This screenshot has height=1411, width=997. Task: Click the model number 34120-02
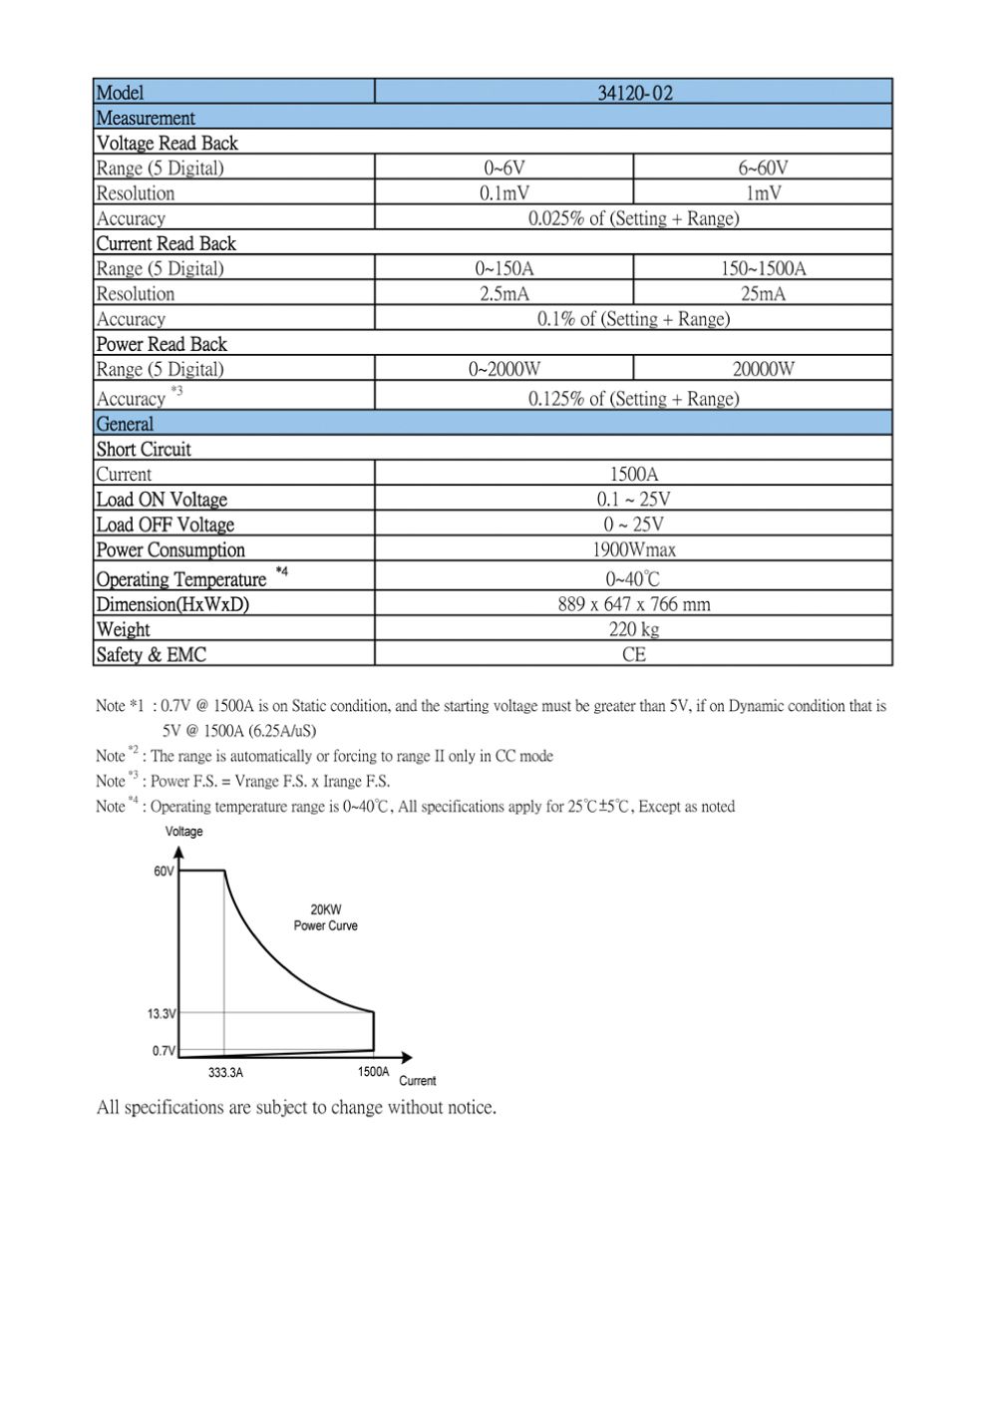[634, 93]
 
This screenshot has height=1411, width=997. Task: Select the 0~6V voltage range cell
[504, 168]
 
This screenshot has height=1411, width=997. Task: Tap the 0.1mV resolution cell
[504, 192]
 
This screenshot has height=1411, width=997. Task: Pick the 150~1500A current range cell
[763, 268]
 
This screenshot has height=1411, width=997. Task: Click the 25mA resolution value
[763, 293]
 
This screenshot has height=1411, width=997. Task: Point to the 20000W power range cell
[763, 369]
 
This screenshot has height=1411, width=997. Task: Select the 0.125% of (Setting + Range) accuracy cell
[634, 399]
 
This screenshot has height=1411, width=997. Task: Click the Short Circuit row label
[144, 449]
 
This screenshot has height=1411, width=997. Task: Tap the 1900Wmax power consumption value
[634, 549]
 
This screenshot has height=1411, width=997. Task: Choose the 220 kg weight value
[634, 629]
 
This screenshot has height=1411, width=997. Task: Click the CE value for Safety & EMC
[634, 654]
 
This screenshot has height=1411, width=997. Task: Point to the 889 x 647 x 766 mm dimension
[634, 604]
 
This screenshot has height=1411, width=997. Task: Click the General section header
[125, 424]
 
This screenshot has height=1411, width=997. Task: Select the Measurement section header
[146, 118]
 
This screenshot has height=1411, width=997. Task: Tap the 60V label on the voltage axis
[164, 871]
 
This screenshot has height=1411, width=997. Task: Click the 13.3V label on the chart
[162, 1013]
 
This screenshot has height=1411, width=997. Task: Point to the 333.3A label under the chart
[225, 1073]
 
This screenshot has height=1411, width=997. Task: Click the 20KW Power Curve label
[325, 917]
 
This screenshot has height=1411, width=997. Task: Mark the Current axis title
[418, 1081]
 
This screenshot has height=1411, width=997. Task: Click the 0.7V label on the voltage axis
[164, 1050]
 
